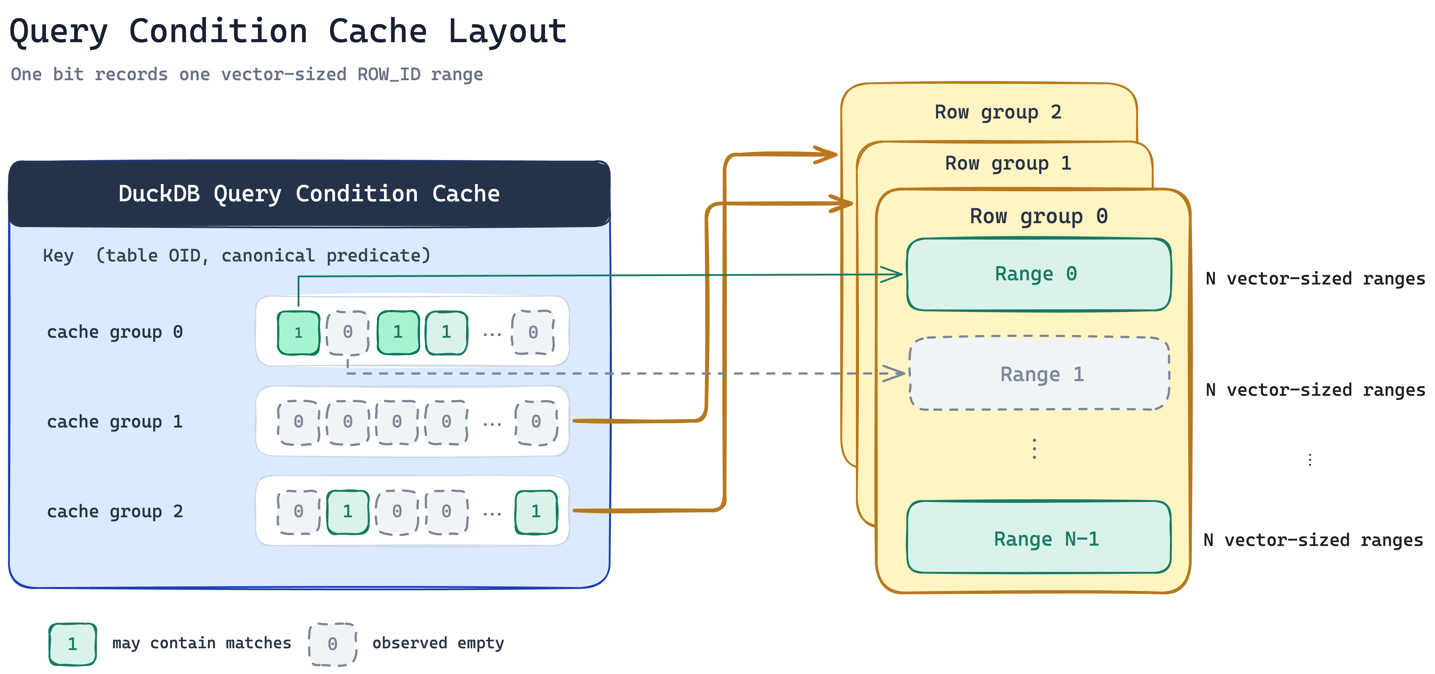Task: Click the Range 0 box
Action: click(1039, 274)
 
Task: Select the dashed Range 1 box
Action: click(1039, 374)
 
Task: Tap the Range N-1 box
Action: click(1039, 537)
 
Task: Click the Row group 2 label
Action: click(998, 112)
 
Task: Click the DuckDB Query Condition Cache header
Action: click(309, 194)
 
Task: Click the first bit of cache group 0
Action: click(299, 333)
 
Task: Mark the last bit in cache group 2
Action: click(536, 512)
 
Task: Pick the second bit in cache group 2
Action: click(348, 512)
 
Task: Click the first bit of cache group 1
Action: click(299, 422)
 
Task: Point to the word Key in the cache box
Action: click(59, 256)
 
